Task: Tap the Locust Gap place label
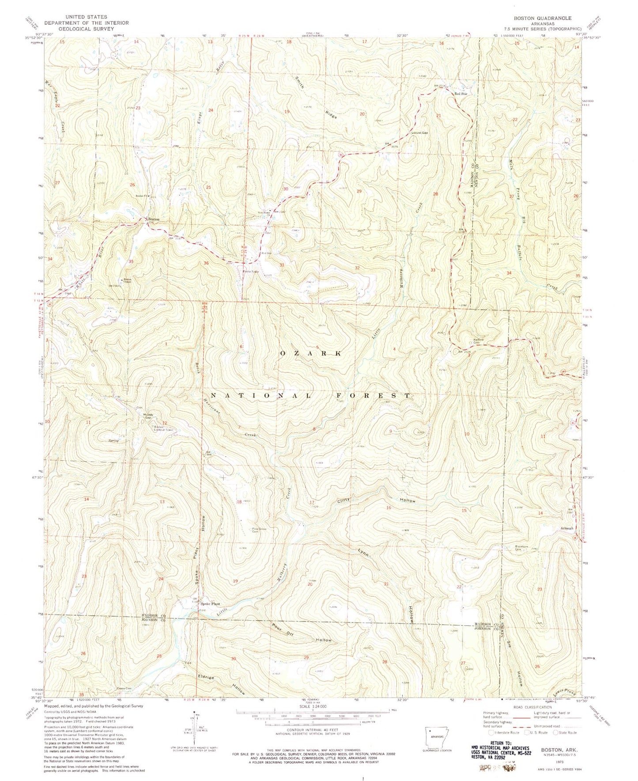pos(419,133)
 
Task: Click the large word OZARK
pos(311,353)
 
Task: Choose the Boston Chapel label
pos(128,280)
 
